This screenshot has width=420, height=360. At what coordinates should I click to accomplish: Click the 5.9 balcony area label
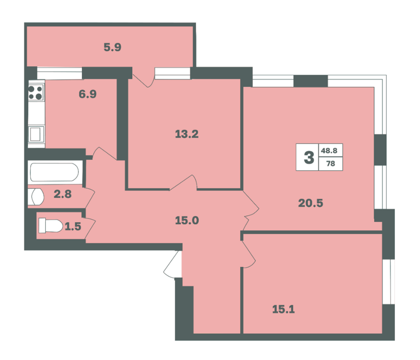click(113, 47)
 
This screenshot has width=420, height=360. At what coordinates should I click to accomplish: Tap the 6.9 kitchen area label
click(87, 94)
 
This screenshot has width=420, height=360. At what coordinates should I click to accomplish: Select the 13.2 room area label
click(187, 134)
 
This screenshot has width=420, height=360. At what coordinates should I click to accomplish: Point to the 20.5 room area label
click(311, 203)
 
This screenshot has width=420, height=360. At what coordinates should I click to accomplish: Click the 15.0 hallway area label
click(187, 221)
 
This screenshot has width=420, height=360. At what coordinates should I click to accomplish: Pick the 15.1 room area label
click(284, 310)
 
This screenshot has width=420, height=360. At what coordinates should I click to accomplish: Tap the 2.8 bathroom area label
click(63, 194)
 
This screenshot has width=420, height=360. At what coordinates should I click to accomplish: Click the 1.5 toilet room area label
click(73, 226)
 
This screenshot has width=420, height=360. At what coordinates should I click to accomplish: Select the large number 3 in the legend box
click(309, 157)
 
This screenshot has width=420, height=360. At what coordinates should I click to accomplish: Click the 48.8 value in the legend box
click(329, 151)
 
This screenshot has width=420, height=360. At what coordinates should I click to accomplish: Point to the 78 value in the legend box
click(330, 163)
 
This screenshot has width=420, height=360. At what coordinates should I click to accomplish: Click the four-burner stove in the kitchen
click(36, 93)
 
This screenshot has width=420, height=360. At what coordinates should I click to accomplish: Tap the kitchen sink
click(36, 134)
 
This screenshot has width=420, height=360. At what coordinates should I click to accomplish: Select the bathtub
click(55, 172)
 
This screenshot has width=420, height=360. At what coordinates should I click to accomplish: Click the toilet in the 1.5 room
click(50, 226)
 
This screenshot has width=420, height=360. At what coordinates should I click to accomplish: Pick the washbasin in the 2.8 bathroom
click(37, 197)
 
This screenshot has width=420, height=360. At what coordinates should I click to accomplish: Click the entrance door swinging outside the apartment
click(172, 264)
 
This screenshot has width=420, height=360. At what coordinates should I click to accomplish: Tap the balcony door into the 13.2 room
click(144, 78)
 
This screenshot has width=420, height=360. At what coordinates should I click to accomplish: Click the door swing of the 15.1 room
click(248, 254)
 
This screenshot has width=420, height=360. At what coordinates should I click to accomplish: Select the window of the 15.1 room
click(389, 282)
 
